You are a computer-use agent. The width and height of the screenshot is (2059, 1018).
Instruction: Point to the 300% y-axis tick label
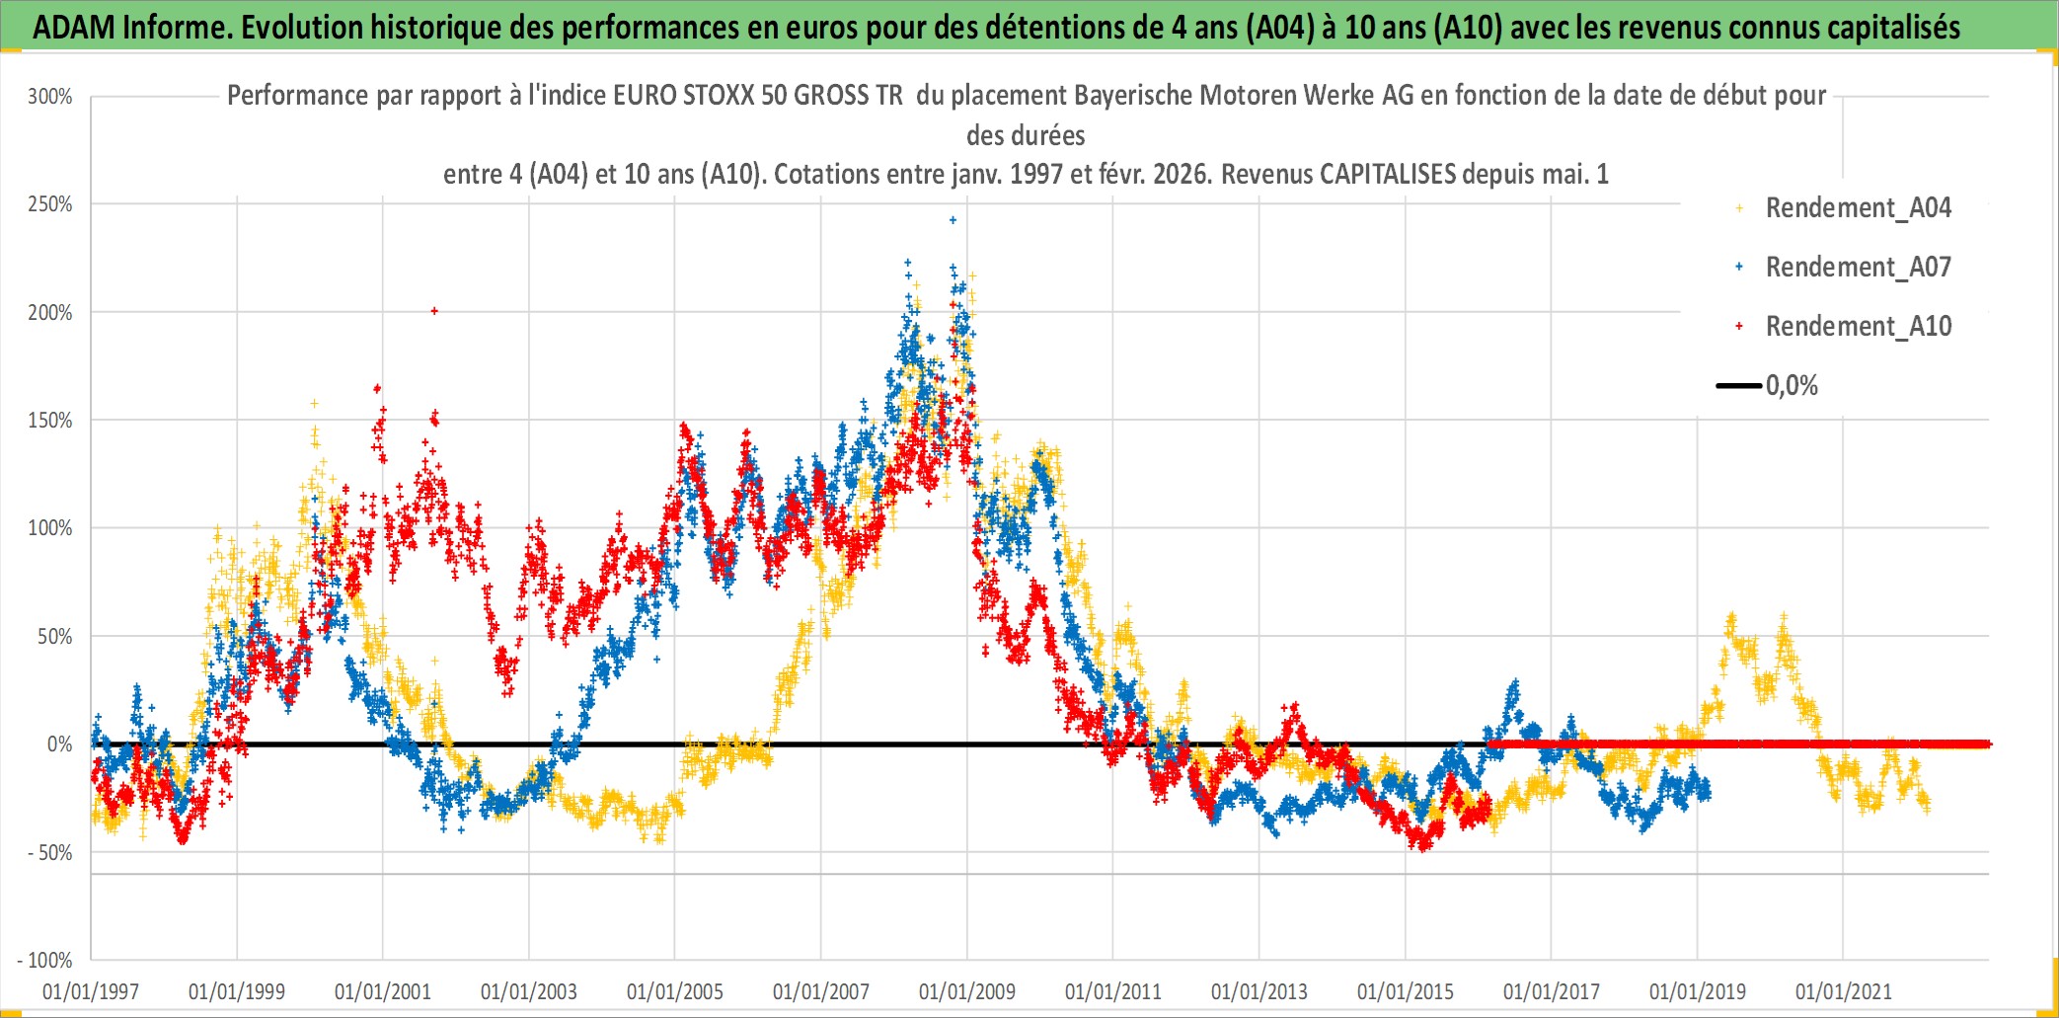pyautogui.click(x=50, y=97)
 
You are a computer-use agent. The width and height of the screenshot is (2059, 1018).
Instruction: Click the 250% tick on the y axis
pyautogui.click(x=50, y=204)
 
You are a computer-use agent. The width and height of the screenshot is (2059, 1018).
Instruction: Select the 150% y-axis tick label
pyautogui.click(x=50, y=421)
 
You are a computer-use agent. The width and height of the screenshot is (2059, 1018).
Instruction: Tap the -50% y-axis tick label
pyautogui.click(x=50, y=853)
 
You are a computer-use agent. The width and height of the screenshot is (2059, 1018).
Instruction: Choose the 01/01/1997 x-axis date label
pyautogui.click(x=91, y=991)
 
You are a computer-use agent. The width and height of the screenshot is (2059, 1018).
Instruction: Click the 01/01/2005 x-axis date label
pyautogui.click(x=675, y=991)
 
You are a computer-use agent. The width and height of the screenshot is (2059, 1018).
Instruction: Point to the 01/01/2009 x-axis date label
pyautogui.click(x=967, y=991)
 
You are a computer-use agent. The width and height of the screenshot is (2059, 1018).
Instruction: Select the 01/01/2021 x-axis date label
pyautogui.click(x=1844, y=991)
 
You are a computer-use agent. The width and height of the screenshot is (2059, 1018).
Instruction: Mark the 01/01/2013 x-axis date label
pyautogui.click(x=1259, y=991)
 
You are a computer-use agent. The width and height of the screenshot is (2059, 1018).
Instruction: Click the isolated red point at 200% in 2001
pyautogui.click(x=434, y=311)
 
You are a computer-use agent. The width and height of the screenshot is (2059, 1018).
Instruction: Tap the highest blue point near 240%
pyautogui.click(x=953, y=220)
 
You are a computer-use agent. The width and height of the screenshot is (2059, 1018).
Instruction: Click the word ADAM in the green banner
pyautogui.click(x=74, y=28)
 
